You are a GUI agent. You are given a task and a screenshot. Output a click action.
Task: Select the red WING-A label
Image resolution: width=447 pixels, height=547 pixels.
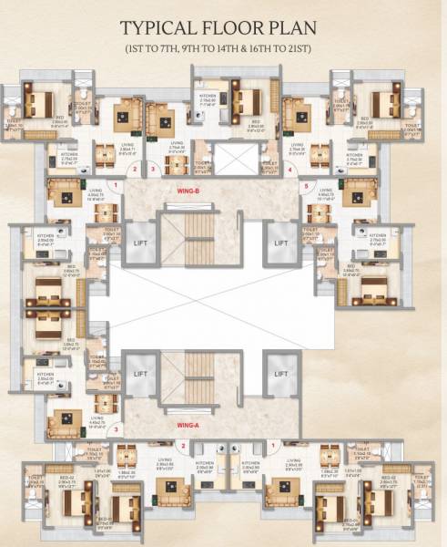pyautogui.click(x=190, y=424)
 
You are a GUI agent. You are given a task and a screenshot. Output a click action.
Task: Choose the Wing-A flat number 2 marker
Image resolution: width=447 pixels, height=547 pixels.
pyautogui.click(x=183, y=445)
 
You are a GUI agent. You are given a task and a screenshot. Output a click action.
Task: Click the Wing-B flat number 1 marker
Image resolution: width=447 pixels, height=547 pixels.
pyautogui.click(x=117, y=186)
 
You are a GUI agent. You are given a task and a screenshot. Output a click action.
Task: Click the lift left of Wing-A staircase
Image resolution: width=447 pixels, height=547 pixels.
pyautogui.click(x=139, y=375)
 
